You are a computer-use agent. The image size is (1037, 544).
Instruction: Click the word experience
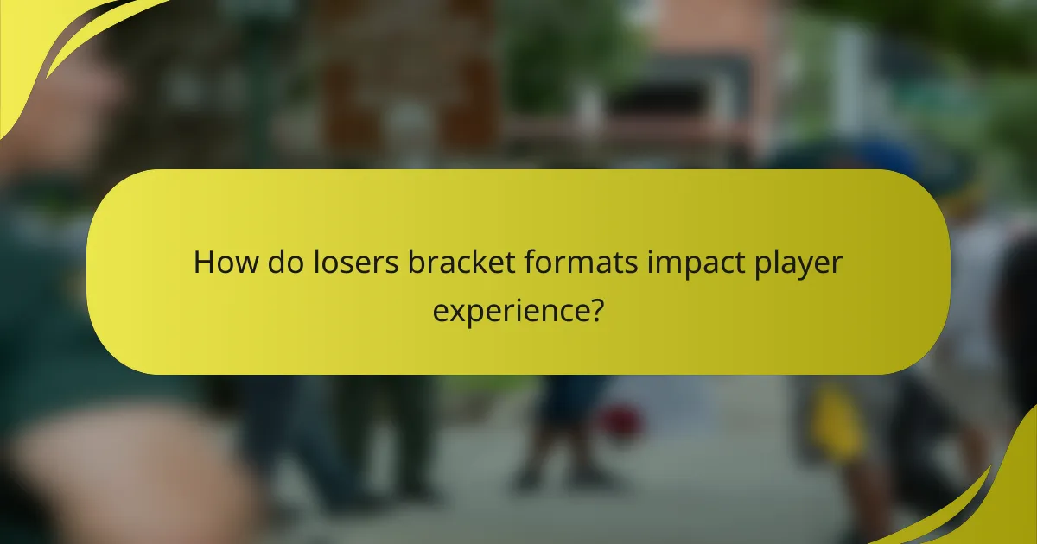tap(508, 308)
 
